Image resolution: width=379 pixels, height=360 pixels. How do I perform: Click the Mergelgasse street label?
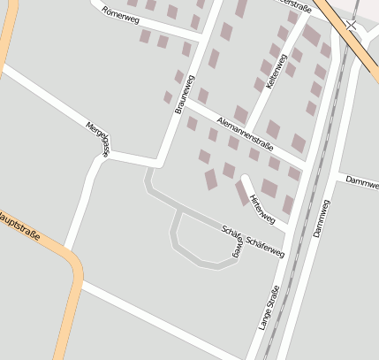97,138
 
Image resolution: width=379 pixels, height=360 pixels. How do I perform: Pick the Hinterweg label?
263,207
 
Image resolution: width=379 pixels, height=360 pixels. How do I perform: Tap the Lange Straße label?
269,308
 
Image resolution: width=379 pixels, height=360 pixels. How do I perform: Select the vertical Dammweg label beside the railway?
320,218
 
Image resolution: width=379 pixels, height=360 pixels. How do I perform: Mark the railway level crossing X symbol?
352,27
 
